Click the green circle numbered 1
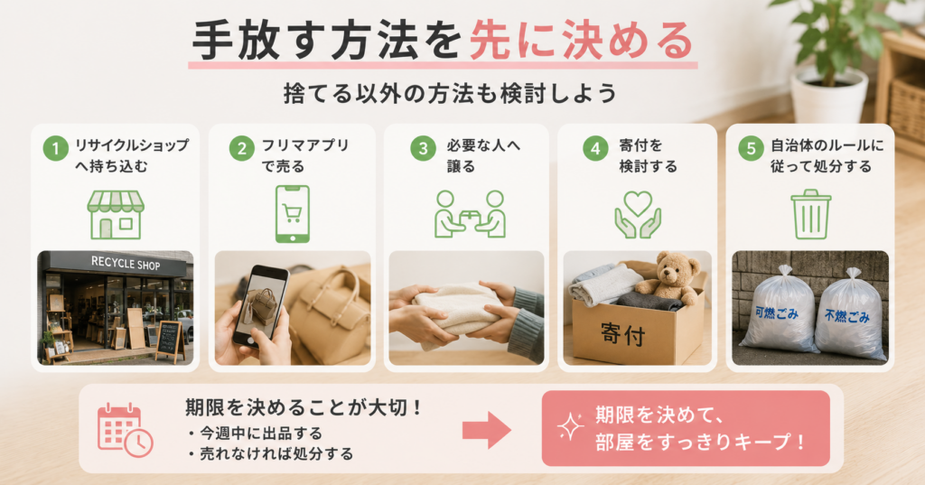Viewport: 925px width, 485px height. (55, 148)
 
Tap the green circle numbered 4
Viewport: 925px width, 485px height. (595, 148)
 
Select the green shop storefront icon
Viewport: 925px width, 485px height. (116, 215)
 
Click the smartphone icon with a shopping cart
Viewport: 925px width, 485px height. (293, 213)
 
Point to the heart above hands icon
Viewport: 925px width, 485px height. (638, 215)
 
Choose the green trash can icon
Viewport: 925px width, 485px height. (810, 214)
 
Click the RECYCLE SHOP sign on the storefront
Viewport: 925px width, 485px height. (125, 263)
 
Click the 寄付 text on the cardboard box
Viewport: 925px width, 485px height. (623, 334)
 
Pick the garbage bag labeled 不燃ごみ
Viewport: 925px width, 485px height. (850, 315)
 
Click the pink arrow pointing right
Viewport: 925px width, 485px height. (486, 430)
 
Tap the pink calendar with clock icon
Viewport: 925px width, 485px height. (125, 430)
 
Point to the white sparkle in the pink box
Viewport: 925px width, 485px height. (570, 426)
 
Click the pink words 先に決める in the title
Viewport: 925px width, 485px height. (582, 40)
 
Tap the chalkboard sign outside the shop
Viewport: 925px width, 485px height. (171, 340)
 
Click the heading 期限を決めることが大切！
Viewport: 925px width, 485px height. (304, 407)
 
